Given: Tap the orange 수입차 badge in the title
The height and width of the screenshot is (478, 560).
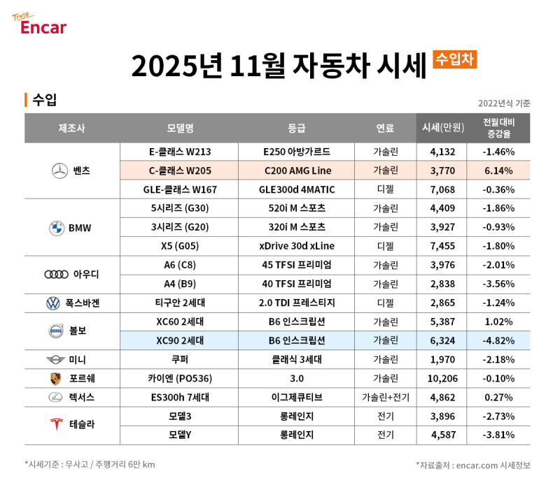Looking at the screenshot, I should click(x=454, y=59).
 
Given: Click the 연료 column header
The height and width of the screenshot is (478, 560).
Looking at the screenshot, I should click(x=385, y=128).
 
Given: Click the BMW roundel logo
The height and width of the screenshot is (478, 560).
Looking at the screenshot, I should click(x=57, y=228).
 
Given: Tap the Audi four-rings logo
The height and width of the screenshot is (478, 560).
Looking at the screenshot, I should click(x=57, y=274).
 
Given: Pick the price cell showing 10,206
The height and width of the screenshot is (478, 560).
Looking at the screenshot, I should click(x=442, y=378).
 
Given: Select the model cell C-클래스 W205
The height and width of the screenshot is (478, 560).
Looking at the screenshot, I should click(x=180, y=171).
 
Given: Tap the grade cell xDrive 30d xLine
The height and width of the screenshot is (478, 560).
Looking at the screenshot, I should click(x=297, y=246).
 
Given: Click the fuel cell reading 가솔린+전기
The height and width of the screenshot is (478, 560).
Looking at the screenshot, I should click(x=385, y=397).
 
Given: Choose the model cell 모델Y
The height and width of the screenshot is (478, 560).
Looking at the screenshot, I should click(x=180, y=435).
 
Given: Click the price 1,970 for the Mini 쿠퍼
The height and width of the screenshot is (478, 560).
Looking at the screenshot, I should click(x=442, y=359).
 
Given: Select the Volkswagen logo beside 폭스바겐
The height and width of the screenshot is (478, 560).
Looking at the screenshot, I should click(x=54, y=303).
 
